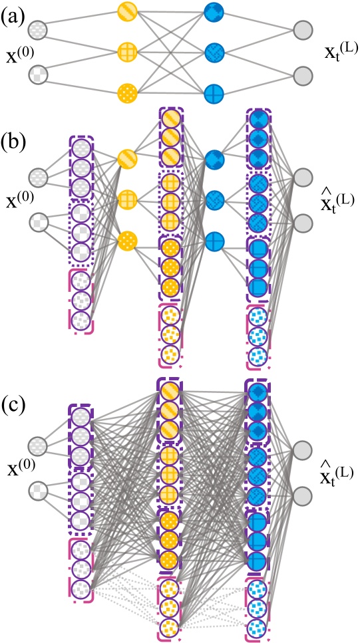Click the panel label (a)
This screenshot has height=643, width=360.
coord(15,13)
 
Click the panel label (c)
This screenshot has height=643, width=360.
coord(15,404)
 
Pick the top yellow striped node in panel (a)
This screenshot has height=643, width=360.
coord(127,11)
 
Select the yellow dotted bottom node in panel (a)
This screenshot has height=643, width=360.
coord(127,91)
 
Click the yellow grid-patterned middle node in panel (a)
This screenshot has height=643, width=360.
coord(127,51)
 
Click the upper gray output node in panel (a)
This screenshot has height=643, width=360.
coord(303,31)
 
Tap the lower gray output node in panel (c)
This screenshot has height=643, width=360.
coord(303,494)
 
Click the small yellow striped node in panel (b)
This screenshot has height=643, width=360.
coord(127,159)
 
